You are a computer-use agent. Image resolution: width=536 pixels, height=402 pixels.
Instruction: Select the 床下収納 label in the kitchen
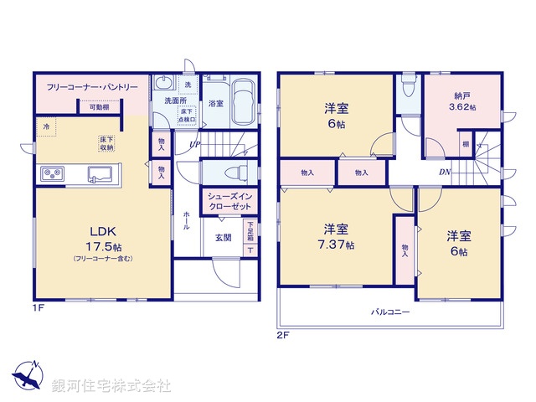pos(106,143)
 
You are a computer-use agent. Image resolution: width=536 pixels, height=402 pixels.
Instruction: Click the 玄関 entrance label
pos(223,238)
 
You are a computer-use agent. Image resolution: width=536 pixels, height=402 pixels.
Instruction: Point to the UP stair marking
pos(194,146)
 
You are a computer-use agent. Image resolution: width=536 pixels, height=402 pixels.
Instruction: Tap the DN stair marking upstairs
pos(445,171)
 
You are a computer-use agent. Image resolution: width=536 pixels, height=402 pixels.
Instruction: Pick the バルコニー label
pos(391,312)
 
